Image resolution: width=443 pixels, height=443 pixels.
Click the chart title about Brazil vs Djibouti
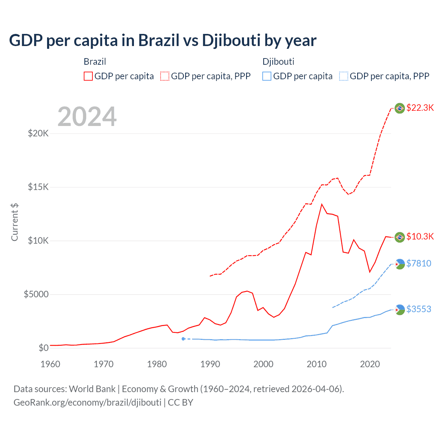click(163, 40)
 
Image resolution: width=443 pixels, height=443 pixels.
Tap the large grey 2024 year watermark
click(87, 117)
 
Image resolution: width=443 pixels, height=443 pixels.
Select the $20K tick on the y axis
click(38, 133)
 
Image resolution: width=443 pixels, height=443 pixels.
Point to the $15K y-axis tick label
click(38, 187)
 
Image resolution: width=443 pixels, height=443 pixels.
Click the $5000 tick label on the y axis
click(36, 294)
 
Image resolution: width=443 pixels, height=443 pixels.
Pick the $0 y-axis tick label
click(43, 348)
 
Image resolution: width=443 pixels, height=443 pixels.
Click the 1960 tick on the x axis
click(51, 364)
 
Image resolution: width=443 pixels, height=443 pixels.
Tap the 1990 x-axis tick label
click(210, 364)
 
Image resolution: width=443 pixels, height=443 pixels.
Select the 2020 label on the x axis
click(370, 364)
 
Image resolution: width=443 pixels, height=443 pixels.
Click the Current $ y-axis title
click(15, 222)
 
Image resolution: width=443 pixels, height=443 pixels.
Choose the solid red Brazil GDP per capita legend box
click(88, 76)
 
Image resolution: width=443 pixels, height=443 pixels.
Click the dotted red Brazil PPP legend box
click(165, 76)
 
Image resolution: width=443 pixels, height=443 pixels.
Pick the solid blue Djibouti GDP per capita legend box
click(267, 76)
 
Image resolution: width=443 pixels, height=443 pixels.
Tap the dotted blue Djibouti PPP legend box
click(344, 76)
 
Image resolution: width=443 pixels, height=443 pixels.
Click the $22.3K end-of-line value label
click(420, 108)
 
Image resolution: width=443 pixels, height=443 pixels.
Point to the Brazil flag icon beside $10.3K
click(400, 237)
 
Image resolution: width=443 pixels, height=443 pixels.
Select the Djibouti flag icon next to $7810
click(400, 264)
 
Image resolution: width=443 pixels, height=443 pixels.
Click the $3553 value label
click(419, 309)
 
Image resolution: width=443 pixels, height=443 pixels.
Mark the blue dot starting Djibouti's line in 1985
click(183, 339)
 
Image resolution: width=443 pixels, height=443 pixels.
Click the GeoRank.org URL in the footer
click(87, 403)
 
